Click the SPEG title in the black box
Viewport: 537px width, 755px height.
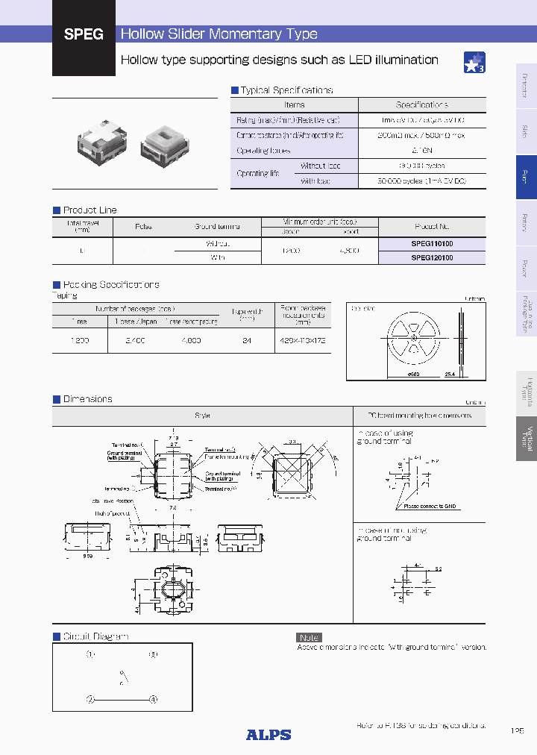(x=84, y=34)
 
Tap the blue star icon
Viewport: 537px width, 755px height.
(x=474, y=63)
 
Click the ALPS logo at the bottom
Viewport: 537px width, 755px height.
(x=268, y=734)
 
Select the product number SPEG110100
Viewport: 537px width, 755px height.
(x=432, y=244)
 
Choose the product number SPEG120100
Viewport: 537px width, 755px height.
(x=432, y=257)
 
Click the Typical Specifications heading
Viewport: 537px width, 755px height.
(x=286, y=90)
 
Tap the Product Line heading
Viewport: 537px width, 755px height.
(x=89, y=210)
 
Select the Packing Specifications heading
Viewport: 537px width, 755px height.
(x=110, y=285)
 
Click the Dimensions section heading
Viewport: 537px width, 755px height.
(x=87, y=399)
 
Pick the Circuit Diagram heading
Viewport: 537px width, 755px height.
(x=95, y=636)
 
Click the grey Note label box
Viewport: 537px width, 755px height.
(x=309, y=637)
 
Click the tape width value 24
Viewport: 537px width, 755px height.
(x=247, y=339)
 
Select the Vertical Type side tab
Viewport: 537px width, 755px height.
(x=526, y=438)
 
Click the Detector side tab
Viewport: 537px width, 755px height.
(x=526, y=85)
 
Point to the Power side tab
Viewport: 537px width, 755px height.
(x=526, y=269)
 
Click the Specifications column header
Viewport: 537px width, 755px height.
(x=421, y=105)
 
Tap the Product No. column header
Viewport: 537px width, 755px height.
(x=432, y=226)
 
